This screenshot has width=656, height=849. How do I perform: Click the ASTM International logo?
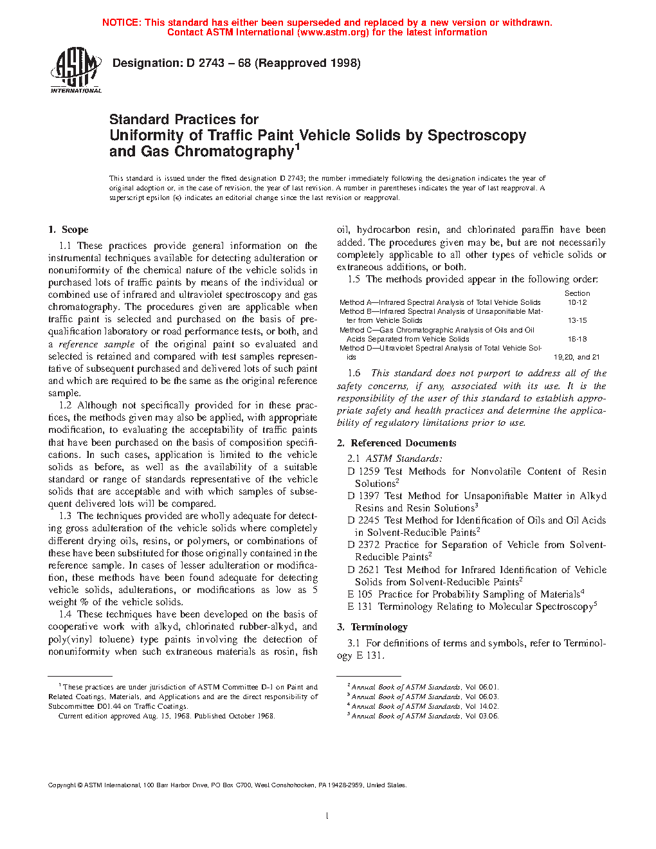pos(76,71)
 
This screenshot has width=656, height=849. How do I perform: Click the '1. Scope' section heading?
pos(68,230)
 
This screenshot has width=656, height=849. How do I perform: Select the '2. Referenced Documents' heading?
pos(397,443)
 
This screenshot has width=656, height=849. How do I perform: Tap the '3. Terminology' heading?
pos(372,627)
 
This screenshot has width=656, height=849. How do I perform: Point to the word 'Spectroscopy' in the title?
pos(477,136)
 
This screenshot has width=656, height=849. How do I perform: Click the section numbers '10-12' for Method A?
pos(577,302)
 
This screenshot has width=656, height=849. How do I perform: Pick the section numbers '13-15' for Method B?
pos(577,320)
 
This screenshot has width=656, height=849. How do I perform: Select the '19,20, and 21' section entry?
pos(576,357)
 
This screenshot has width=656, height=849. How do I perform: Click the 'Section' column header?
pos(577,293)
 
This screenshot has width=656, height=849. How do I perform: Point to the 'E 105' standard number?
pos(360,594)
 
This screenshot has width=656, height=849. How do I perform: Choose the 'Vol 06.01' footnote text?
pos(482,687)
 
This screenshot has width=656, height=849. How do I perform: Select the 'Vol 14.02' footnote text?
pos(482,706)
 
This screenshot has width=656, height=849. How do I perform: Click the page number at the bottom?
pos(327,816)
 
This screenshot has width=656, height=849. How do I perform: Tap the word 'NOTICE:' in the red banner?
pos(122,23)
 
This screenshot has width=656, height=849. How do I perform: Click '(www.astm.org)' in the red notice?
pos(334,32)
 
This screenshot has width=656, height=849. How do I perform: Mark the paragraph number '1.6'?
pos(354,373)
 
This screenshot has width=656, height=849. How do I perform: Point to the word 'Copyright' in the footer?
pos(62,785)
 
